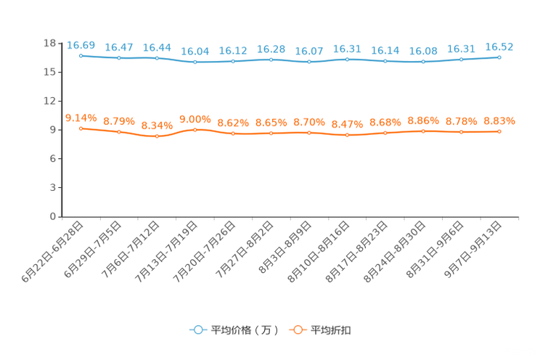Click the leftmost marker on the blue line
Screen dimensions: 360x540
click(81, 55)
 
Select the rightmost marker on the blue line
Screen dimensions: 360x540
click(499, 57)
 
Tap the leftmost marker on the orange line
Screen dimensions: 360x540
click(81, 128)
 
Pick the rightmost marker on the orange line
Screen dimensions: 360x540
click(499, 131)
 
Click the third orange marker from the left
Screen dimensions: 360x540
click(157, 136)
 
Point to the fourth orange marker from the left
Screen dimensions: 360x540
click(195, 129)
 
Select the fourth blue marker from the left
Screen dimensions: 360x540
click(195, 62)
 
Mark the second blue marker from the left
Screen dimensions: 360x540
click(118, 58)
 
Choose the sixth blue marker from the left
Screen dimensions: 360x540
click(271, 60)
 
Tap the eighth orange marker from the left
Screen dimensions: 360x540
click(347, 135)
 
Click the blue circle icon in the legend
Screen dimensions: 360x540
click(197, 330)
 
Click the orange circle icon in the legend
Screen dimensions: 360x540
click(298, 330)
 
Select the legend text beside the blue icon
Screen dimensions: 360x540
click(243, 330)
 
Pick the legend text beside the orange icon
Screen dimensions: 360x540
click(332, 330)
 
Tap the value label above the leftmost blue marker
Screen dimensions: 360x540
click(81, 45)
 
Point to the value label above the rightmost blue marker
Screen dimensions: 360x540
click(499, 46)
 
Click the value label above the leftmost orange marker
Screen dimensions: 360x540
click(81, 117)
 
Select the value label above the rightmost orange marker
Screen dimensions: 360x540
click(499, 120)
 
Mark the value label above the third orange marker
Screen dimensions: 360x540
click(157, 126)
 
